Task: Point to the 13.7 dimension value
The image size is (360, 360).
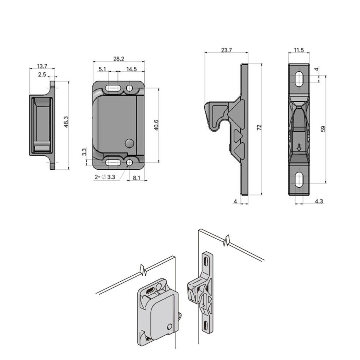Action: (x=42, y=66)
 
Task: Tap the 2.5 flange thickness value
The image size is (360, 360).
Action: (x=42, y=74)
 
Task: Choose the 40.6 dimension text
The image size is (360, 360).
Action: (x=156, y=125)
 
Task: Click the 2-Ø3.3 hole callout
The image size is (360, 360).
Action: (x=105, y=178)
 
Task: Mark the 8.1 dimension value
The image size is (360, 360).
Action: (x=136, y=178)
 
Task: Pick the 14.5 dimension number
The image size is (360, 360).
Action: (x=131, y=69)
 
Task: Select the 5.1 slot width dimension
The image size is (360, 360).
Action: (x=103, y=69)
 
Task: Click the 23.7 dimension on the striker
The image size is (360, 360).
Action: (x=226, y=50)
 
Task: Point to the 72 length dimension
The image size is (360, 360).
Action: (x=259, y=128)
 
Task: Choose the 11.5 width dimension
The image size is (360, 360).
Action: (x=299, y=50)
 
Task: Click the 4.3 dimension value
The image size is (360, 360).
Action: (x=319, y=201)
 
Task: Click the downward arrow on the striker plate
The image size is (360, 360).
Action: (x=299, y=148)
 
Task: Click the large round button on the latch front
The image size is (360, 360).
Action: (x=130, y=143)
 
